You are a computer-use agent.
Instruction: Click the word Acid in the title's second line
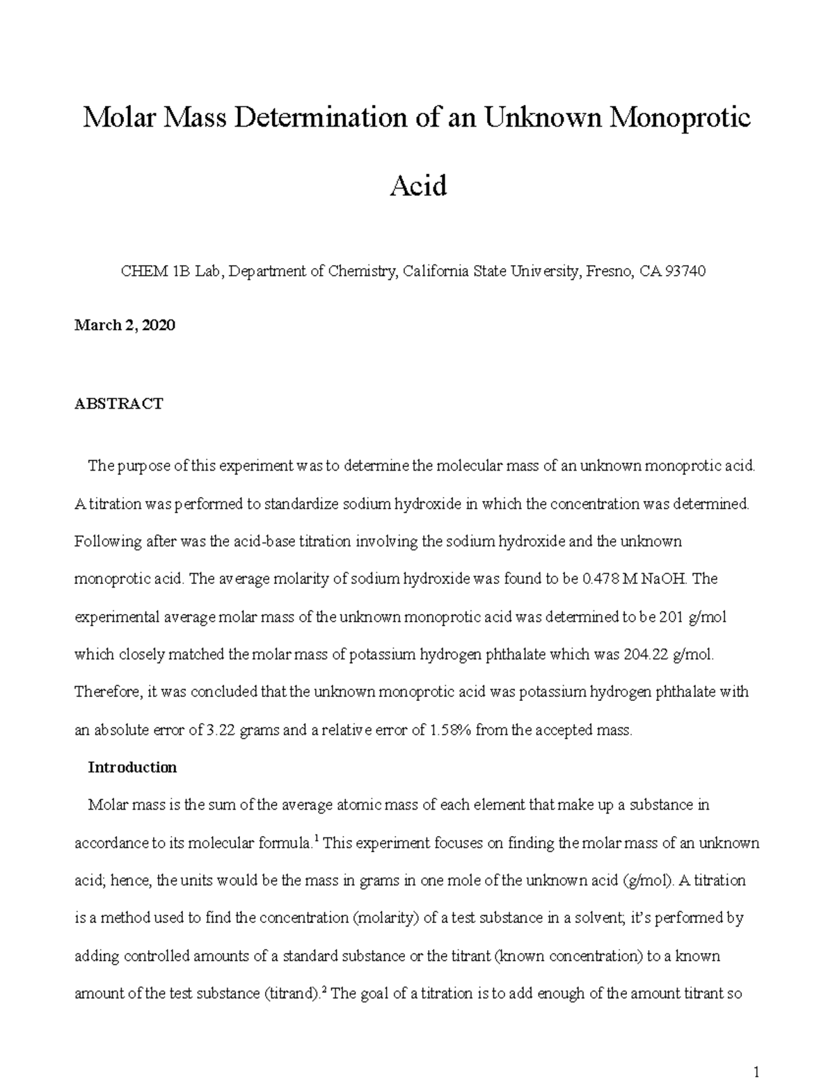click(x=417, y=186)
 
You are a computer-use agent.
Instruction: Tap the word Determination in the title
click(x=319, y=118)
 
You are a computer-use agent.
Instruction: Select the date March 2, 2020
click(x=125, y=325)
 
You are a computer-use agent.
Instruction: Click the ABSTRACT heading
click(x=118, y=404)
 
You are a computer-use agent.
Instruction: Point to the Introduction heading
click(x=132, y=768)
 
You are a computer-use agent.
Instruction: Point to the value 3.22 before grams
click(x=221, y=730)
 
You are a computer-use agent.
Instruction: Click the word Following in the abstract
click(x=104, y=542)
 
